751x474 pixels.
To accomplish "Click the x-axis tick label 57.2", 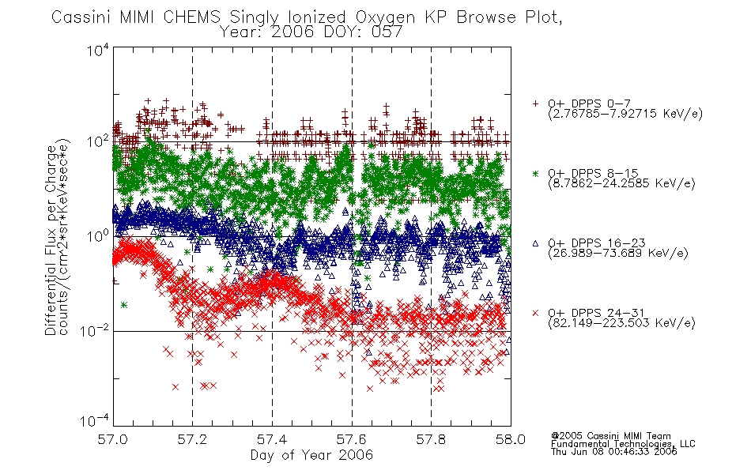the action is (x=193, y=439).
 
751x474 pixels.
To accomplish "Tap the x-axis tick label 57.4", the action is (x=272, y=439).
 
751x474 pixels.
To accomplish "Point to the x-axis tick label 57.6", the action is (x=352, y=439).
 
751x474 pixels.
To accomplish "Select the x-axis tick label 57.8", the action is (x=431, y=439).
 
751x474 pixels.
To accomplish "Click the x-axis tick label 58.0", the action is (x=511, y=439).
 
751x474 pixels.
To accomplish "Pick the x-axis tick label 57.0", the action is (x=112, y=439).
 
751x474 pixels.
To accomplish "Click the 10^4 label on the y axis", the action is (x=98, y=50).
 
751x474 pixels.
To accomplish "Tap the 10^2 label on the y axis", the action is (x=98, y=141).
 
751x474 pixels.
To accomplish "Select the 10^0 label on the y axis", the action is (x=98, y=236).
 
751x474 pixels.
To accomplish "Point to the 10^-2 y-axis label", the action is (x=95, y=330).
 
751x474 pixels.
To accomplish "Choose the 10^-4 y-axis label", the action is (x=95, y=420).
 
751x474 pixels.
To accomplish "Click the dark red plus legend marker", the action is (x=535, y=103).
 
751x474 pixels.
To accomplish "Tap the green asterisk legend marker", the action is (x=535, y=173).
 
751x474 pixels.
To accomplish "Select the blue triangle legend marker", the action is (x=535, y=243).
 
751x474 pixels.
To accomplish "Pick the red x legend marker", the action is (x=535, y=313).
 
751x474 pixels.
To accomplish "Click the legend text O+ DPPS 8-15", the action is (x=593, y=173).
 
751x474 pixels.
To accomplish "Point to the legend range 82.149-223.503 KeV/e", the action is (x=621, y=323).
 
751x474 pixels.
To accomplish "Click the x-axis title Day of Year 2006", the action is (x=311, y=455).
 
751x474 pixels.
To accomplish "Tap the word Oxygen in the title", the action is (x=385, y=17).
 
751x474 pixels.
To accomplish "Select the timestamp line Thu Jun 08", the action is (x=614, y=451).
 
